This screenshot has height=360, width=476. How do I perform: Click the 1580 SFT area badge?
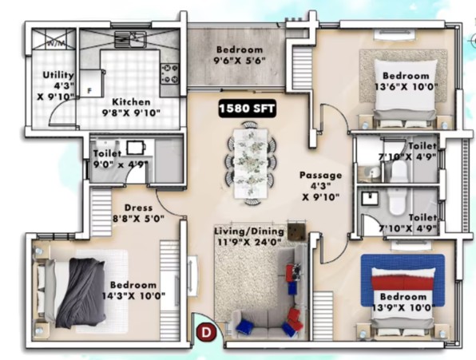coord(247,109)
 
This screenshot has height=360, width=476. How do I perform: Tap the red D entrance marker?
coord(206,333)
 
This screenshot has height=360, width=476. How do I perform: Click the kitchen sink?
coord(130,39)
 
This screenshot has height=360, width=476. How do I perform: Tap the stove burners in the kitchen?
coord(169,73)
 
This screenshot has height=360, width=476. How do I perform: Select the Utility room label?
coord(58,75)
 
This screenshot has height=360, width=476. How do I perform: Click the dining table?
coord(251,164)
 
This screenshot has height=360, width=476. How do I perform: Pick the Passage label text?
coord(320,175)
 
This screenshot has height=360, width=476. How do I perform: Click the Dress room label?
coord(138,208)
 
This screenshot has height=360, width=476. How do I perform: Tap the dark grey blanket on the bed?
coord(81,293)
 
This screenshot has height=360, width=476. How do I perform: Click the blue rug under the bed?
coord(403,280)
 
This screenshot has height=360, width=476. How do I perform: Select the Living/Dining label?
coord(249,231)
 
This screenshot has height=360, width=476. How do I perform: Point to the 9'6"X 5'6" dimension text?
coord(240,61)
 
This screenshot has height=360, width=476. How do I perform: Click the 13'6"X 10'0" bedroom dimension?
coord(407,87)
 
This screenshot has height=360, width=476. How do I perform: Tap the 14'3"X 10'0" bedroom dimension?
coord(133,295)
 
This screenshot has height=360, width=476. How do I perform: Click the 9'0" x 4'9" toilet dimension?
coord(121,164)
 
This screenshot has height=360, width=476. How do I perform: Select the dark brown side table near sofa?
coord(296,231)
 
